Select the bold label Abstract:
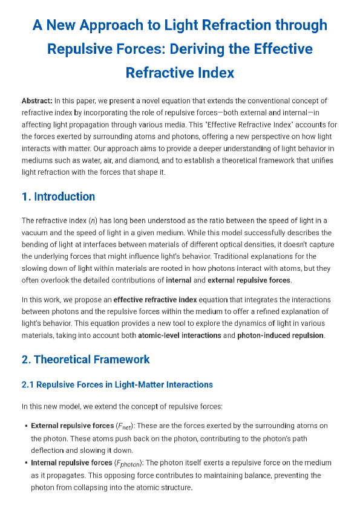[37, 101]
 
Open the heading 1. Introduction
[58, 196]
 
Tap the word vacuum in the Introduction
[35, 233]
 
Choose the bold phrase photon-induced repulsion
[280, 335]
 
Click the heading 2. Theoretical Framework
[85, 360]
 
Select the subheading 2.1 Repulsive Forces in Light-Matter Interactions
[117, 384]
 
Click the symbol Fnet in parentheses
[123, 426]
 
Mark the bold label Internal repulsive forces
[71, 463]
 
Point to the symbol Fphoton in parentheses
[128, 464]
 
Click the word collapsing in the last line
[85, 487]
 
